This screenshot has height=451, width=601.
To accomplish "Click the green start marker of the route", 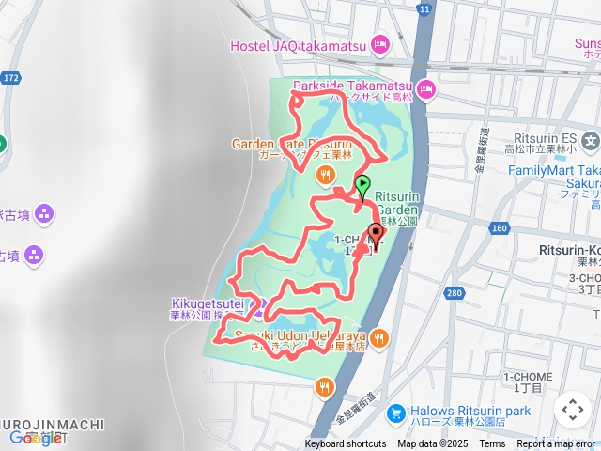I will point(362,185).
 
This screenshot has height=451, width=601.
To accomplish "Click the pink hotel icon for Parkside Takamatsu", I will point(425,89).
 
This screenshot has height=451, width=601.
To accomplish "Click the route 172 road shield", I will point(10,76).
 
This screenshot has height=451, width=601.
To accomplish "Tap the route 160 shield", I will point(499,228).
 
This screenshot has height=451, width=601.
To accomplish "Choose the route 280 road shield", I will point(455,294).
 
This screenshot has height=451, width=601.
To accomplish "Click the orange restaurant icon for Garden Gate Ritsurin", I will point(325,174).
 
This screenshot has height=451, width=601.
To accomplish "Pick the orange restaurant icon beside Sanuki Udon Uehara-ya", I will point(379,338).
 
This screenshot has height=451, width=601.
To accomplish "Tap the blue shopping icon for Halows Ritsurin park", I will point(395,412).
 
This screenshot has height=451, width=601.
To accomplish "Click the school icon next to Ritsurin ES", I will point(590,143).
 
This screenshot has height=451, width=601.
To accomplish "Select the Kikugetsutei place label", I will point(207,303).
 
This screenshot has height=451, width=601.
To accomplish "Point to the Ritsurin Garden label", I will point(403,196).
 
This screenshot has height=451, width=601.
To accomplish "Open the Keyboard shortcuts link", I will point(345,444).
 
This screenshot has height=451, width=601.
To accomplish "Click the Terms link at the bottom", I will point(492,444).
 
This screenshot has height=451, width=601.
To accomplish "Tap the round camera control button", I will point(572,410).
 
